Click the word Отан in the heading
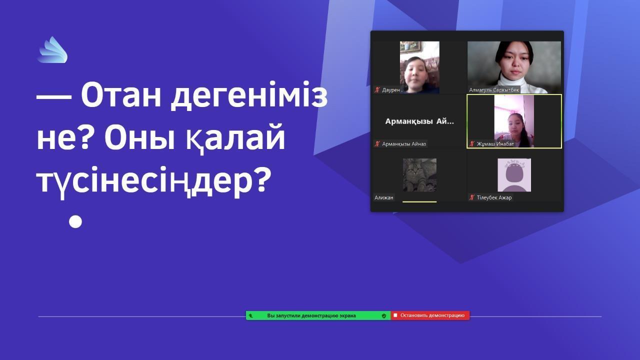click(x=121, y=95)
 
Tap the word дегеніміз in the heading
click(x=249, y=95)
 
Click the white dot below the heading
click(x=75, y=221)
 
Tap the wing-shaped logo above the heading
click(x=52, y=49)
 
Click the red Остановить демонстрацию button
click(x=430, y=315)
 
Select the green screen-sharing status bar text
click(x=311, y=315)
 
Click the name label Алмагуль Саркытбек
click(x=494, y=90)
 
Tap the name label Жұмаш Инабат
click(x=495, y=143)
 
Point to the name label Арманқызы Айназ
click(x=404, y=143)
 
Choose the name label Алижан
click(x=383, y=197)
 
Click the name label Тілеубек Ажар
click(x=494, y=197)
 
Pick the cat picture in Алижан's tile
click(x=419, y=175)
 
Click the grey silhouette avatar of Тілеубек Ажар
click(x=514, y=175)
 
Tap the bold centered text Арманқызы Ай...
click(x=419, y=121)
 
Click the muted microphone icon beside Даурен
click(x=377, y=90)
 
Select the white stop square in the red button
click(x=395, y=315)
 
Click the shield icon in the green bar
click(x=384, y=315)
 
